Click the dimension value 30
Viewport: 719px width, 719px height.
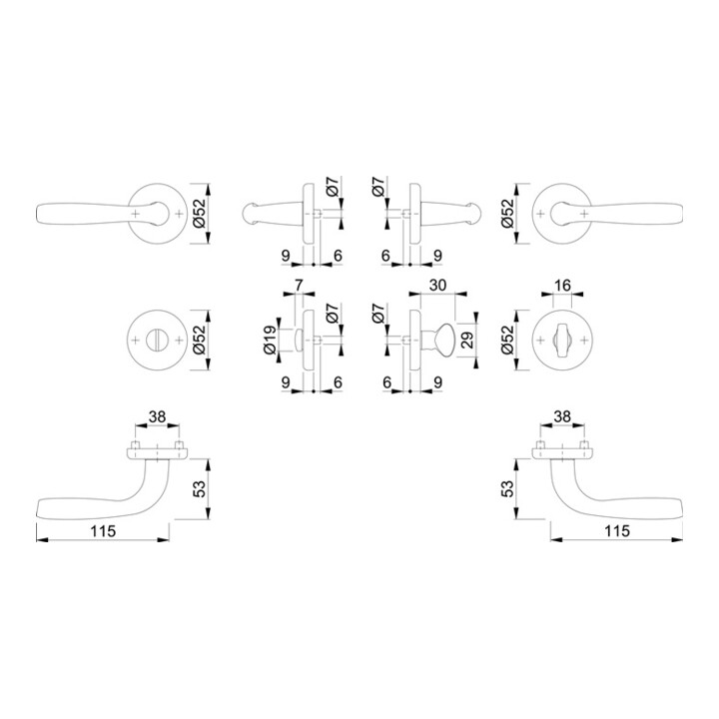pyautogui.click(x=438, y=285)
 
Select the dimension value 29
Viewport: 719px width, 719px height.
pyautogui.click(x=466, y=340)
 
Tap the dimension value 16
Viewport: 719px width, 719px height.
pyautogui.click(x=562, y=286)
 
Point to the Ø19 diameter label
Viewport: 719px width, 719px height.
pyautogui.click(x=270, y=340)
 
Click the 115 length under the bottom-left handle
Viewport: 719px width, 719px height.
pyautogui.click(x=103, y=531)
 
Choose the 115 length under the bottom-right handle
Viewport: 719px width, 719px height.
pyautogui.click(x=617, y=531)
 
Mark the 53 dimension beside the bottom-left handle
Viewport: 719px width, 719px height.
pyautogui.click(x=200, y=489)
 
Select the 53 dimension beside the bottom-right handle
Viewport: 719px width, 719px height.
pyautogui.click(x=507, y=489)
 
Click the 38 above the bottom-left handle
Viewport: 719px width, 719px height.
pyautogui.click(x=157, y=416)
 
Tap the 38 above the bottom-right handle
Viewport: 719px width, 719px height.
pyautogui.click(x=562, y=416)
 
